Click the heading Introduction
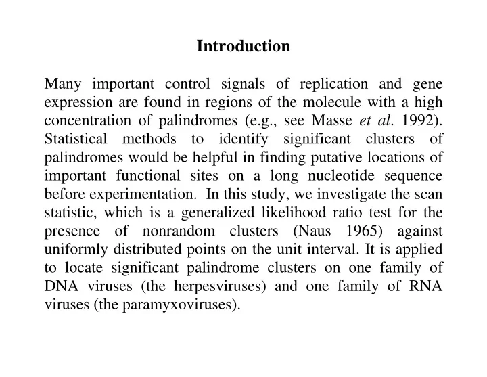pyautogui.click(x=243, y=46)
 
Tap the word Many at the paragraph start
pyautogui.click(x=63, y=84)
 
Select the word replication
pyautogui.click(x=334, y=84)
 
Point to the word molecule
pyautogui.click(x=332, y=102)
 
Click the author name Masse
pyautogui.click(x=331, y=120)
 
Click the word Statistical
pyautogui.click(x=76, y=139)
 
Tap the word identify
pyautogui.click(x=243, y=139)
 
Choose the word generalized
pyautogui.click(x=218, y=213)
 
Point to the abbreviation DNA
pyautogui.click(x=62, y=286)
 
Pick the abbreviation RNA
pyautogui.click(x=425, y=286)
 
